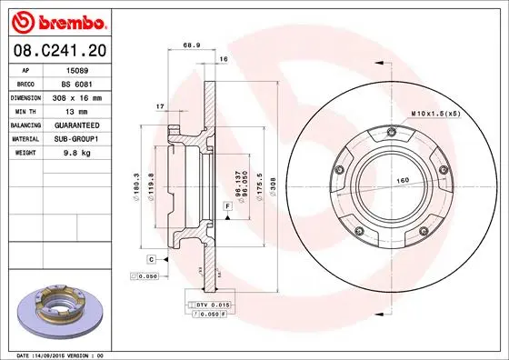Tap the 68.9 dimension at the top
192,45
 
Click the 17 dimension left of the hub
159,106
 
